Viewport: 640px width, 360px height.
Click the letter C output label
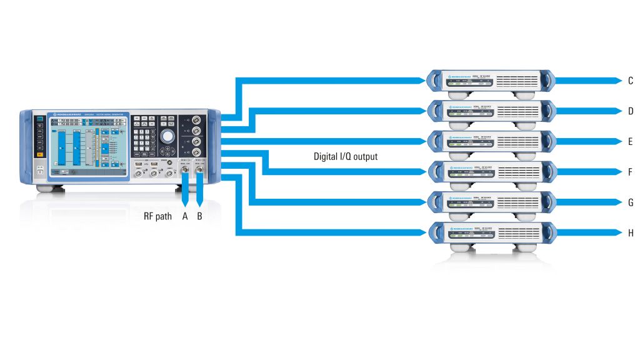(630, 81)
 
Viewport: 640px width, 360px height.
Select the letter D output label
(630, 111)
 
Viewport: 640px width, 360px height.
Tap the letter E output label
(630, 142)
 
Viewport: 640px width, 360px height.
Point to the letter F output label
(630, 172)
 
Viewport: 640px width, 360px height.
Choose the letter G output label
(630, 202)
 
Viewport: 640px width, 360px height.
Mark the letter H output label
(630, 233)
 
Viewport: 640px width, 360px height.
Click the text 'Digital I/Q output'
(346, 157)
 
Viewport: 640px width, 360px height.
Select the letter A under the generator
(185, 217)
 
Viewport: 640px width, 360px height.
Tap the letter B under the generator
(200, 217)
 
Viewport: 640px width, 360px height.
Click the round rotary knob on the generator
(167, 137)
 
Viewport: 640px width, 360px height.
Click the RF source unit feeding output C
(491, 81)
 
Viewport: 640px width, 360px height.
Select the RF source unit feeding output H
(491, 233)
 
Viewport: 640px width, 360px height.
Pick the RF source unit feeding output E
(491, 142)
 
